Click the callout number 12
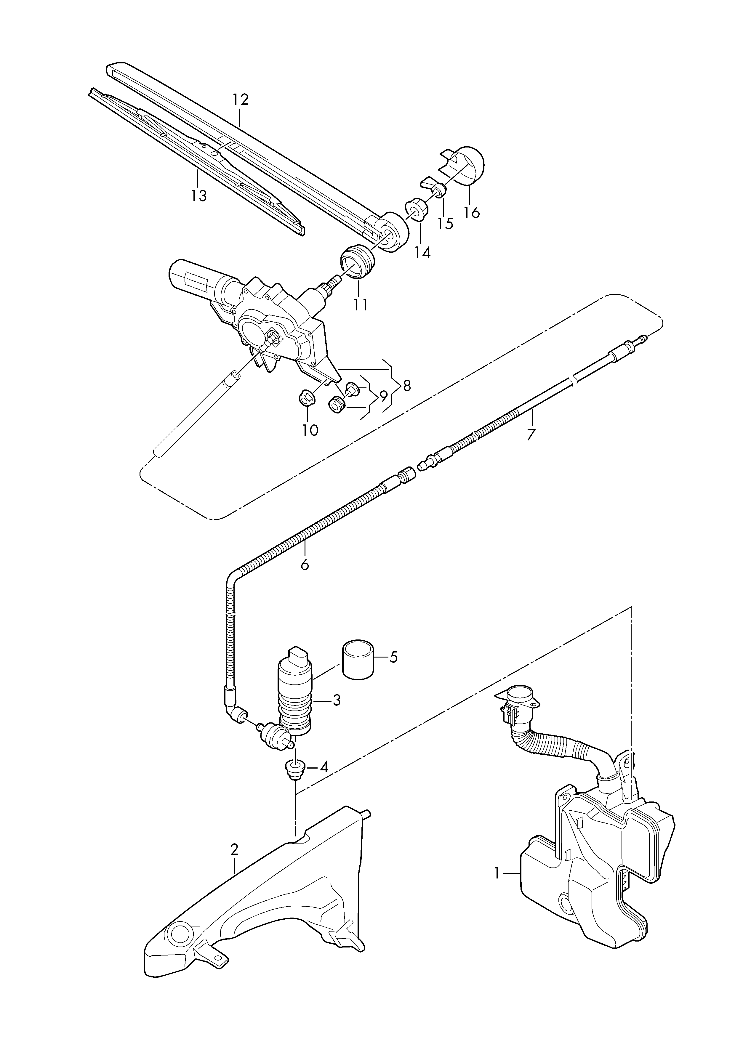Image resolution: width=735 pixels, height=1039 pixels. click(x=241, y=99)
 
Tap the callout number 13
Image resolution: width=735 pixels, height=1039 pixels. click(x=199, y=196)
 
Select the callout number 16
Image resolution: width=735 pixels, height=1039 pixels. click(x=472, y=212)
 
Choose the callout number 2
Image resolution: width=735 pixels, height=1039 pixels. click(x=234, y=849)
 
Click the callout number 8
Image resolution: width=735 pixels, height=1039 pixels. click(x=407, y=386)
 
